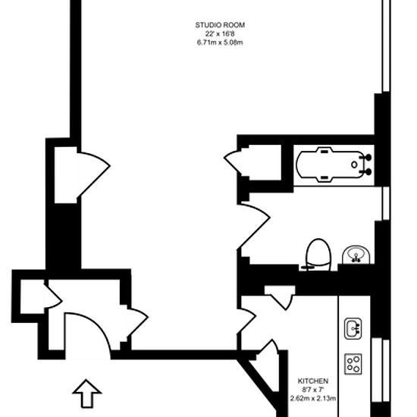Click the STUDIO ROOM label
(x=219, y=25)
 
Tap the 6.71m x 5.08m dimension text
(x=219, y=42)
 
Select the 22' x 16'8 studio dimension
(x=219, y=33)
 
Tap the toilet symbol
(x=316, y=254)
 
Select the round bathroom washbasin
(x=355, y=255)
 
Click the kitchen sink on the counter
(x=353, y=328)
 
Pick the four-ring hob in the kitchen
(x=353, y=363)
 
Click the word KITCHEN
(x=313, y=381)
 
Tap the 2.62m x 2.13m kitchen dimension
(x=313, y=398)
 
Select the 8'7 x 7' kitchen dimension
(x=313, y=390)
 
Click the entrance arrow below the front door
(x=87, y=395)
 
